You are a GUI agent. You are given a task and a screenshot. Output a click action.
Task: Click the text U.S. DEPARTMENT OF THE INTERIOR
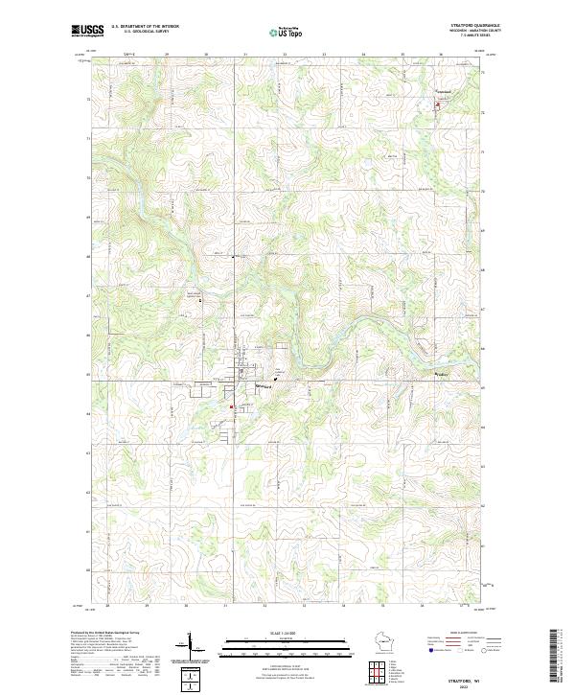pos(145,27)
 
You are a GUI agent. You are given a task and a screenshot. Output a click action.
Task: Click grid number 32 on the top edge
pos(286,55)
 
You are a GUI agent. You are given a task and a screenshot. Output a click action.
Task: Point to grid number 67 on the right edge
pos(483,309)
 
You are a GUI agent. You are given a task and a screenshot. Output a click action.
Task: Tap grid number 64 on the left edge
pos(91,414)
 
